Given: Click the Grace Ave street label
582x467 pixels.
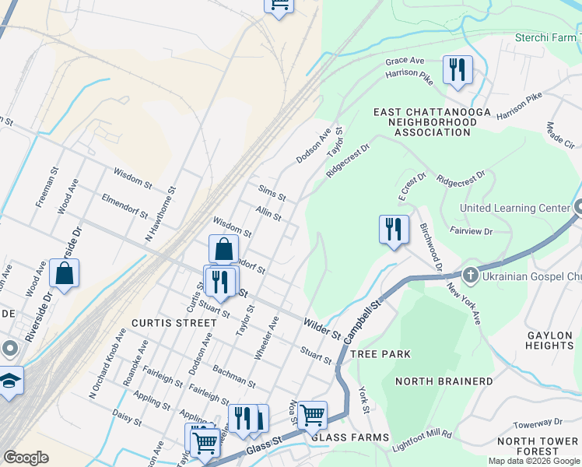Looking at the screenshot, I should click(x=405, y=61).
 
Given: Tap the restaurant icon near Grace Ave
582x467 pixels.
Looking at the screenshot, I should click(x=458, y=69).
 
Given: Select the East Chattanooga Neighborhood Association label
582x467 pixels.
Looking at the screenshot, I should click(x=432, y=122).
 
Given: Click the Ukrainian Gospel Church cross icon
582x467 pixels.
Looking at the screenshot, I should click(x=470, y=276).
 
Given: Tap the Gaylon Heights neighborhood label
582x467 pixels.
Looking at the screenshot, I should click(x=550, y=340).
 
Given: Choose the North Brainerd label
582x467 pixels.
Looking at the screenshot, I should click(x=444, y=381).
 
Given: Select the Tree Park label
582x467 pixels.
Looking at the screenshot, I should click(x=380, y=354).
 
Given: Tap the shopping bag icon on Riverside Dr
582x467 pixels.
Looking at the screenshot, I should click(x=64, y=274).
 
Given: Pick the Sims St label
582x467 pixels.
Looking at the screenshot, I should click(x=272, y=191).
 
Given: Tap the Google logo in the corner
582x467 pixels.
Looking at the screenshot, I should click(x=26, y=458).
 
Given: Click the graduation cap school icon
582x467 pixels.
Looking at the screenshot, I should click(x=9, y=381).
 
